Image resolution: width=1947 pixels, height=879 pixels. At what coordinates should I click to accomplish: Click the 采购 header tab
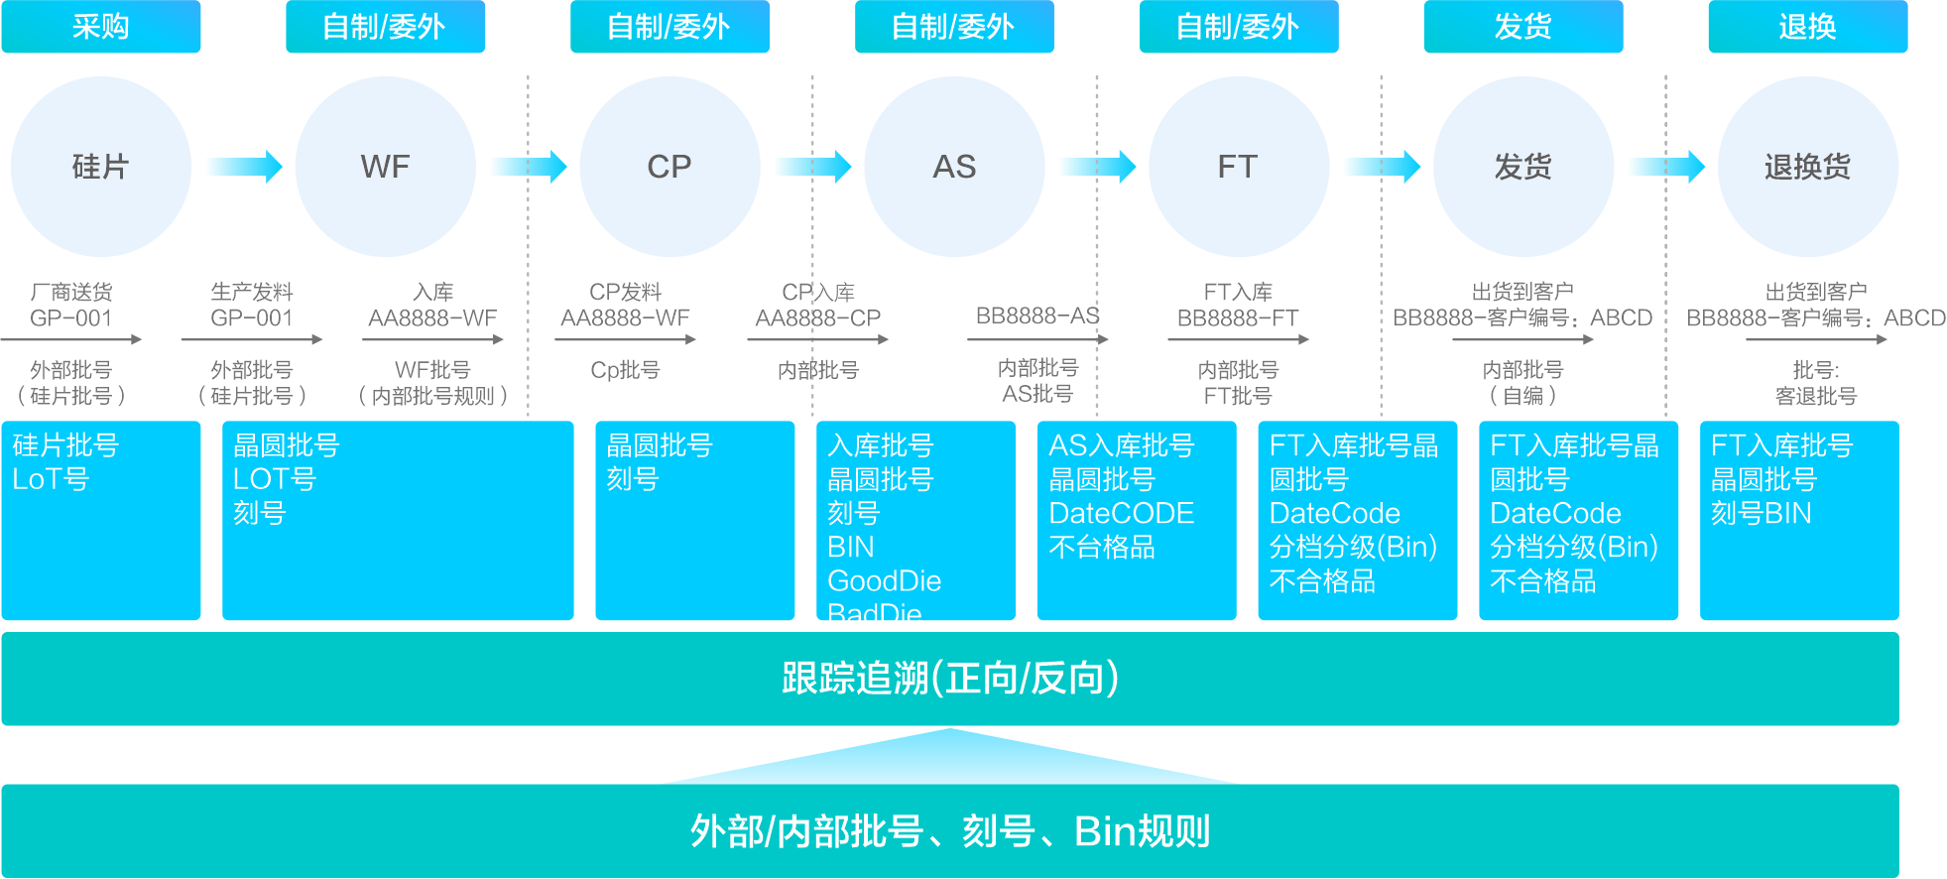100,27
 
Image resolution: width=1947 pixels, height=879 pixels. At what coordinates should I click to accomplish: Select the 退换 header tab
1807,27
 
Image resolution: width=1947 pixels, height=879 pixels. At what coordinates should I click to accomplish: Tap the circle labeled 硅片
100,167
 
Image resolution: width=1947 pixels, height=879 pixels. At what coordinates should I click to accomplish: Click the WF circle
385,167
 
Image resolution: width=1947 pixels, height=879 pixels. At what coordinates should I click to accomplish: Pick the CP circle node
669,167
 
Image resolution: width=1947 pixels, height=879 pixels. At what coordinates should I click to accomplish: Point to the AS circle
954,167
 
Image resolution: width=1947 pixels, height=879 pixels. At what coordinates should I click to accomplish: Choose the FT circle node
1238,167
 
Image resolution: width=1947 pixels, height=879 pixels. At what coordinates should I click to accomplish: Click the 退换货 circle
1807,167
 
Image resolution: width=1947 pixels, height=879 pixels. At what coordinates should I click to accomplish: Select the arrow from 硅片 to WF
243,167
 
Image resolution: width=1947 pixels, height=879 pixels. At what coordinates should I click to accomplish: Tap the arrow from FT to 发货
1381,167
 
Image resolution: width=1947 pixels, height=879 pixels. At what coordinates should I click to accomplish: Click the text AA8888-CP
817,318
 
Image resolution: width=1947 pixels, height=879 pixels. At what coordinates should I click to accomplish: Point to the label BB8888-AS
1037,315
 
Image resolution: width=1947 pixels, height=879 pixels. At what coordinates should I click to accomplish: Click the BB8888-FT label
1238,318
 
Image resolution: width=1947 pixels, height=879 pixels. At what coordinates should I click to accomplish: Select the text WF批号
432,370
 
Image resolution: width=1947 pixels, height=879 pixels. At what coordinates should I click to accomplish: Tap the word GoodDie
884,580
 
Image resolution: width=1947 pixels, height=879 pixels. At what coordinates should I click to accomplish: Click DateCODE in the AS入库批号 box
1121,513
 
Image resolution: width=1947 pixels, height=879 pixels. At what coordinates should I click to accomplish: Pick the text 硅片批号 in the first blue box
65,445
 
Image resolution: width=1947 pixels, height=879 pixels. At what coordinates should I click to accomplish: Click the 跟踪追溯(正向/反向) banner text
949,679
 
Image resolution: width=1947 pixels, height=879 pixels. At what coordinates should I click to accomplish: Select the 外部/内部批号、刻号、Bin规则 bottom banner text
949,831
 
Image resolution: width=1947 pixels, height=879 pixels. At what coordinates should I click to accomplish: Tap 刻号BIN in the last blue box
1761,513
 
